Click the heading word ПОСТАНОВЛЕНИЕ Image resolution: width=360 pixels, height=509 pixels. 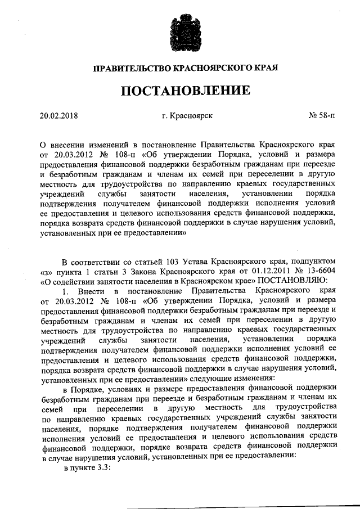pyautogui.click(x=180, y=90)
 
